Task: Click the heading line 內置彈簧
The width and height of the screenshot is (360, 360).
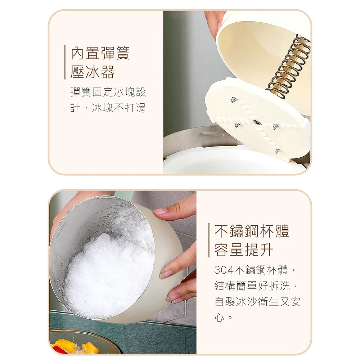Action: click(100, 53)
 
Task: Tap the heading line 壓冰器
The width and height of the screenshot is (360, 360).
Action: click(93, 72)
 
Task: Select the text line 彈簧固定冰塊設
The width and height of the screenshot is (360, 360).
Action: click(108, 92)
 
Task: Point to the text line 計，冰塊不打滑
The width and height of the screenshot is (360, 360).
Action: click(108, 108)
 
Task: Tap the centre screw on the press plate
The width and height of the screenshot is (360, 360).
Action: click(257, 123)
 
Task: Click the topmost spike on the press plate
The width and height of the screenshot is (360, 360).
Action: click(234, 100)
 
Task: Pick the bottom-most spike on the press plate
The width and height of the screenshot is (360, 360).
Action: click(278, 151)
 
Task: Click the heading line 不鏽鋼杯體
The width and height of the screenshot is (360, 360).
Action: click(252, 231)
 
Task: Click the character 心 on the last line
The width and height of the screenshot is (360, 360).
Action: click(219, 318)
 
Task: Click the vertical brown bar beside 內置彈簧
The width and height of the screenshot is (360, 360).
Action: click(65, 62)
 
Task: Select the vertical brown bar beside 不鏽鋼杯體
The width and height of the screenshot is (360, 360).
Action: click(209, 240)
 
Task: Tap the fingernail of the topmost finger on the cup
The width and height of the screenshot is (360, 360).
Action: click(160, 211)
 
